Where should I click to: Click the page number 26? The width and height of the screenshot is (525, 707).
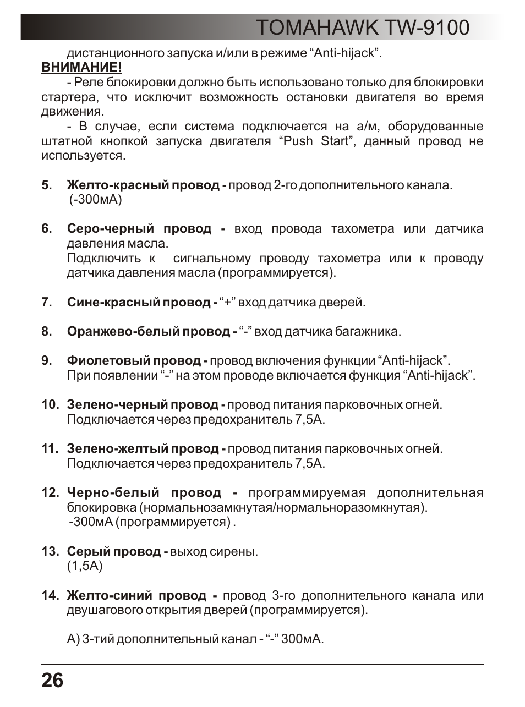click(52, 681)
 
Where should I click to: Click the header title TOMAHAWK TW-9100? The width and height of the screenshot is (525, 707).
click(363, 27)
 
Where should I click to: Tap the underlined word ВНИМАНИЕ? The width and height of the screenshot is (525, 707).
click(81, 68)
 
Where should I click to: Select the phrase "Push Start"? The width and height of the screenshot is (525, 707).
click(316, 141)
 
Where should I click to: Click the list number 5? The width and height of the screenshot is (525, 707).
click(46, 185)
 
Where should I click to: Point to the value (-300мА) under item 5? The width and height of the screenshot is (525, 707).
click(95, 199)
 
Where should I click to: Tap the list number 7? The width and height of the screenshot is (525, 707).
click(46, 302)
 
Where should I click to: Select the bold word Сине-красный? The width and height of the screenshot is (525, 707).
click(101, 302)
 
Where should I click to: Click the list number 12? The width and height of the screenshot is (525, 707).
click(50, 493)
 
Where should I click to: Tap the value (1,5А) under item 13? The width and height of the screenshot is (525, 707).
click(85, 566)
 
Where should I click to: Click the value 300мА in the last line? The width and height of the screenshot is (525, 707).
click(302, 639)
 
